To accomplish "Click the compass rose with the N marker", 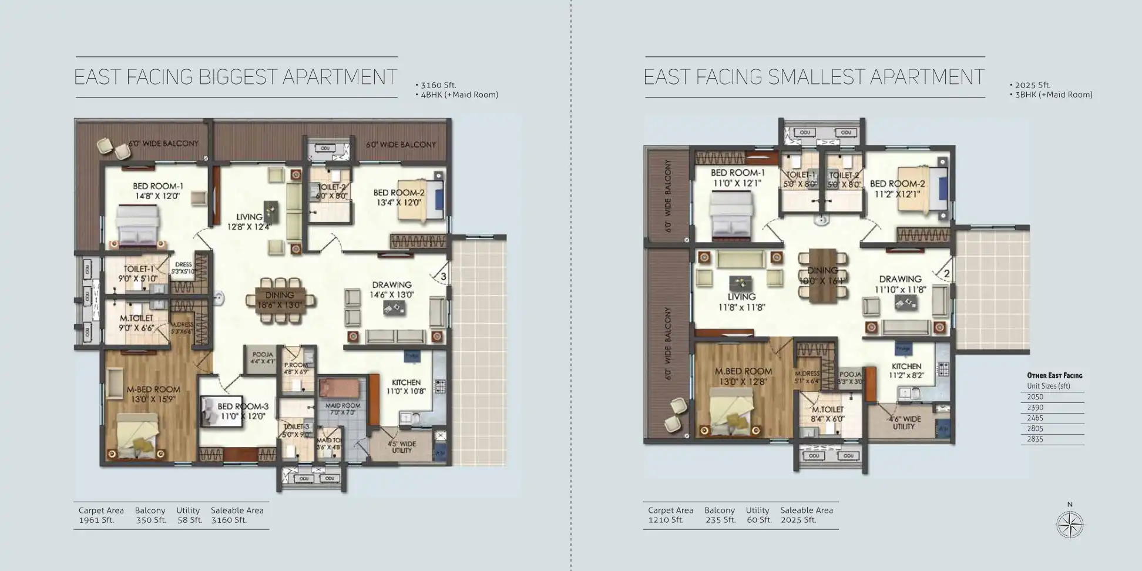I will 1070,525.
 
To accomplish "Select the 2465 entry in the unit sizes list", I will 1035,418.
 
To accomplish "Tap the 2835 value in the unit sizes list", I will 1035,439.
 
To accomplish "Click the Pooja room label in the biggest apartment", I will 263,355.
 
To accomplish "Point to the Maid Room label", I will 342,406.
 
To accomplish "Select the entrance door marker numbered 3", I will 444,276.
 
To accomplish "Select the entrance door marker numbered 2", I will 946,274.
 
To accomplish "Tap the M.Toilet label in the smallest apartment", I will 828,409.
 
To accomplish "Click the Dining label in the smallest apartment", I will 822,270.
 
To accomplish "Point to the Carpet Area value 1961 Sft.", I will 96,520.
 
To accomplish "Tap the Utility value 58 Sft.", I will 189,520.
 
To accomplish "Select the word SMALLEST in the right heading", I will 816,77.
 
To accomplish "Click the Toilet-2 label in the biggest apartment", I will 331,187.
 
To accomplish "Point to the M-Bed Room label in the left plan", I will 153,389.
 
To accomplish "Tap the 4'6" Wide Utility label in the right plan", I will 904,422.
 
